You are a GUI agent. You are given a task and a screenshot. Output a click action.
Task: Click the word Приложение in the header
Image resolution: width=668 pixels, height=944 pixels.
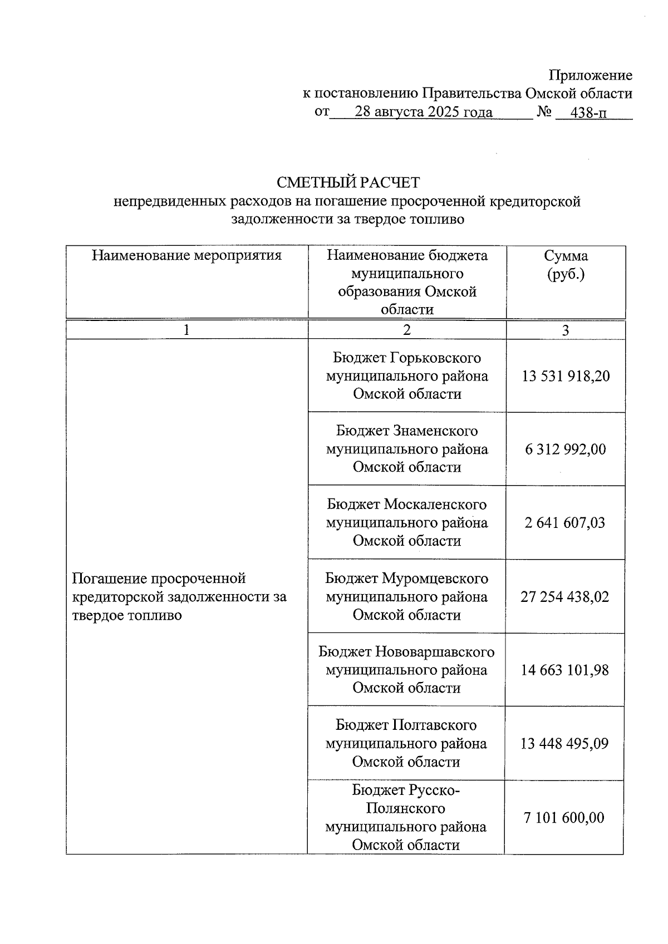pyautogui.click(x=590, y=75)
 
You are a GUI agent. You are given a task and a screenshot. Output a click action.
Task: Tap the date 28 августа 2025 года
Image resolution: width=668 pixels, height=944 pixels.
pyautogui.click(x=424, y=112)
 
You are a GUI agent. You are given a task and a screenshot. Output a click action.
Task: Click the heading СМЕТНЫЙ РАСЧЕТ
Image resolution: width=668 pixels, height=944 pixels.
pyautogui.click(x=348, y=182)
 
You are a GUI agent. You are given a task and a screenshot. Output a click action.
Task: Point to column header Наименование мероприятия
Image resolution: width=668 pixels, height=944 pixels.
pyautogui.click(x=186, y=255)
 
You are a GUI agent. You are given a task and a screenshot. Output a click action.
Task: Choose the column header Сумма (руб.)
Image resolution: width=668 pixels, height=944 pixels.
pyautogui.click(x=566, y=265)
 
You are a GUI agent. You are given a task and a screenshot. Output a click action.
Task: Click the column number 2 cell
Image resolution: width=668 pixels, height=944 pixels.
pyautogui.click(x=407, y=330)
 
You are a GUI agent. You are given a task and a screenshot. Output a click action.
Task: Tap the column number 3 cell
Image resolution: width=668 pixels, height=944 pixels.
pyautogui.click(x=566, y=330)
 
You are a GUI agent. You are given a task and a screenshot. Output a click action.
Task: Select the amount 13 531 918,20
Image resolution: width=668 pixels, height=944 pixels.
pyautogui.click(x=566, y=376)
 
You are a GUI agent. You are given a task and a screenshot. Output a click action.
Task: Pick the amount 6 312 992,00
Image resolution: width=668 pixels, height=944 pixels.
pyautogui.click(x=566, y=449)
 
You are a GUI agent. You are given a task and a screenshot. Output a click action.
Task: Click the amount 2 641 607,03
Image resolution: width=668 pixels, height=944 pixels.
pyautogui.click(x=564, y=523)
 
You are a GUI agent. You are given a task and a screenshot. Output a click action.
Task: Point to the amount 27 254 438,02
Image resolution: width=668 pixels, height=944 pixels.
pyautogui.click(x=564, y=597)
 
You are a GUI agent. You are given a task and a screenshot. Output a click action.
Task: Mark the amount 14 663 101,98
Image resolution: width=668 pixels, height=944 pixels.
pyautogui.click(x=564, y=670)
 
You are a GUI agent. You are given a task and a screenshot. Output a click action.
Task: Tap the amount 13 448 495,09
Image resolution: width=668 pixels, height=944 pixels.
pyautogui.click(x=564, y=744)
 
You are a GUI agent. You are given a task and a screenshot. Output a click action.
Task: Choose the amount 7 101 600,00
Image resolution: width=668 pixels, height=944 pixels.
pyautogui.click(x=563, y=818)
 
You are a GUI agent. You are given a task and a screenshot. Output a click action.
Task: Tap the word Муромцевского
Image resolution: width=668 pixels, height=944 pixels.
pyautogui.click(x=435, y=579)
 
